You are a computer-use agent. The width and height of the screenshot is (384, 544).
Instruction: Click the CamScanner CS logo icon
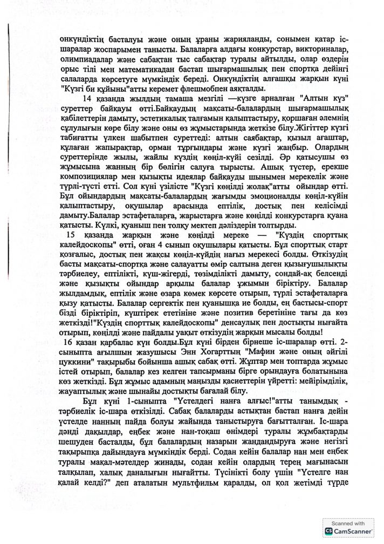328,531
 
